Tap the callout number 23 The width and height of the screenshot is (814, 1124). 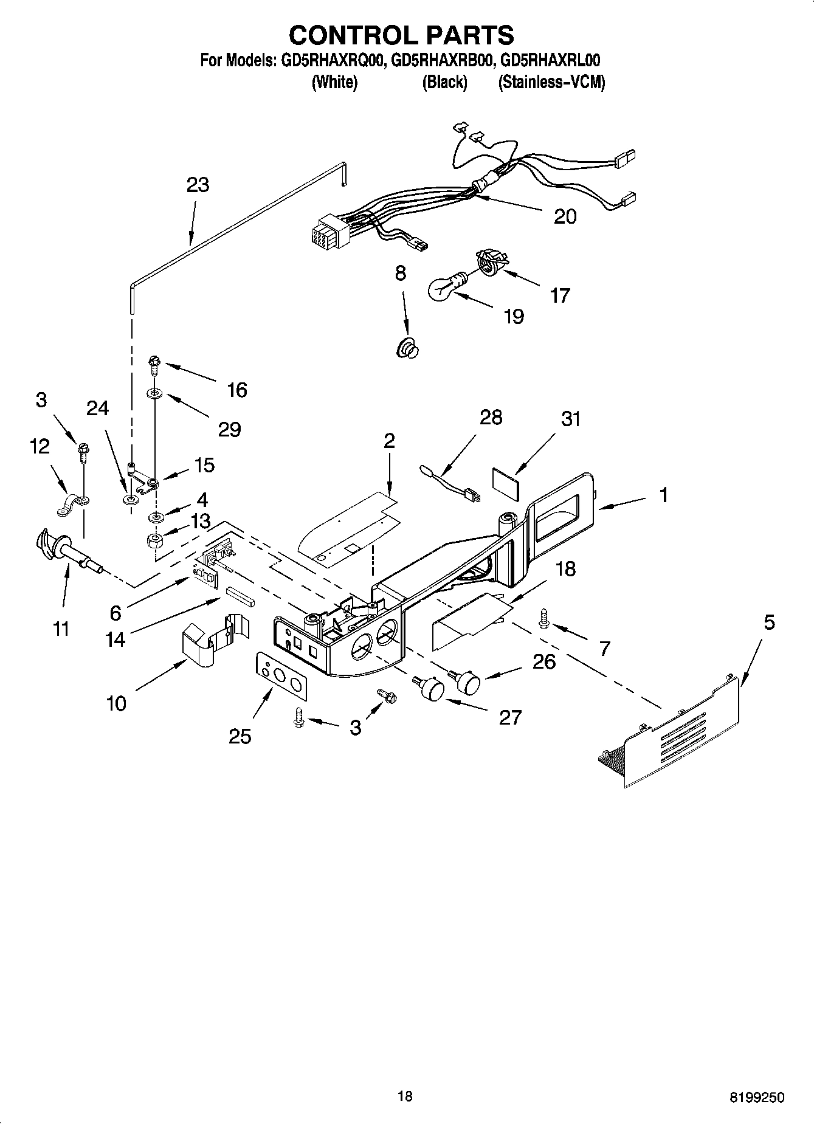point(198,185)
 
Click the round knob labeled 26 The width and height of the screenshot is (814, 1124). point(468,681)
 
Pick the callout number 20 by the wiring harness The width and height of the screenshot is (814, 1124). point(565,216)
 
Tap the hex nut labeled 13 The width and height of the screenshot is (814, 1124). point(156,540)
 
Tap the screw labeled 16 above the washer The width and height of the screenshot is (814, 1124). point(153,365)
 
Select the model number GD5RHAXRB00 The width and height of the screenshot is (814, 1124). point(440,61)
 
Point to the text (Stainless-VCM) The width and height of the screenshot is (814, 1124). point(551,82)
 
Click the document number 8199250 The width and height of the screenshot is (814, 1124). point(756,1098)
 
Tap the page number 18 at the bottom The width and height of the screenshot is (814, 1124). point(405,1096)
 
